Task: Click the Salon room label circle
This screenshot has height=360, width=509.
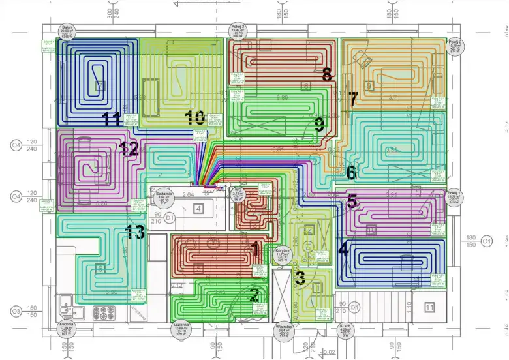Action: point(67,31)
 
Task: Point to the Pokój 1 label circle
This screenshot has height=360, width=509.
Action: point(455,198)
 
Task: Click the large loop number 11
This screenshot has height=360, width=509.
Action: point(111,119)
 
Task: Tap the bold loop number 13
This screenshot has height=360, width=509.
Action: point(134,232)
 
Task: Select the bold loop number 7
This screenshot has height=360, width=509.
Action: point(353,99)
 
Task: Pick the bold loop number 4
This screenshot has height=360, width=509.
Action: point(343,249)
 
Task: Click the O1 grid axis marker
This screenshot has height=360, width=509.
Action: point(486,242)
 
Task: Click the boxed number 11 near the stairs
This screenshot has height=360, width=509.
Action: point(429,307)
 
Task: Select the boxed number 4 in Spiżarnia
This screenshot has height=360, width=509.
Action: point(199,209)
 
